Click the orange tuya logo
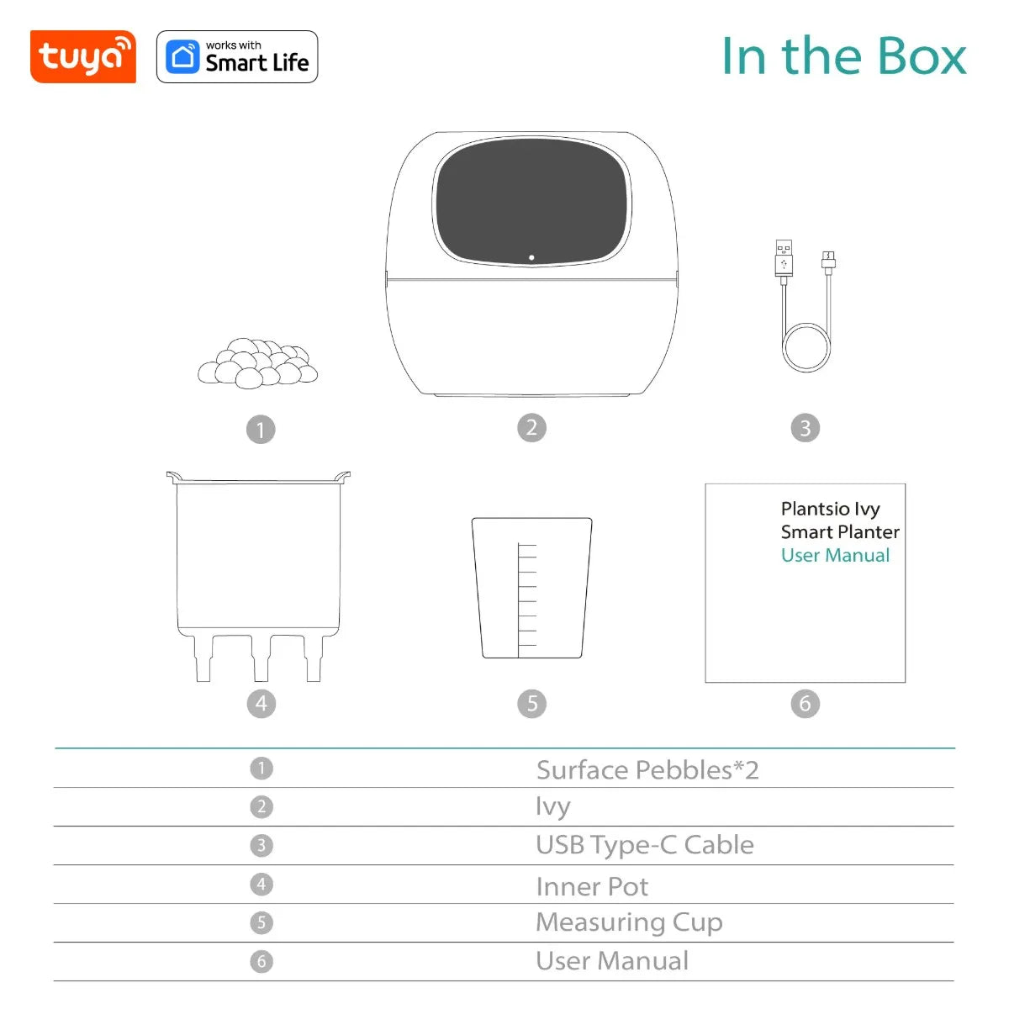click(82, 57)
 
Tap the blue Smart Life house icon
click(182, 57)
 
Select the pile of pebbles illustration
click(257, 363)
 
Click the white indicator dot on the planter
click(531, 257)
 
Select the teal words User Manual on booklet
click(835, 556)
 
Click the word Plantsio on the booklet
click(815, 509)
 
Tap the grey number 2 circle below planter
click(531, 428)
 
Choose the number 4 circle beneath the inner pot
click(261, 704)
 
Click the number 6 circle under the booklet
click(805, 704)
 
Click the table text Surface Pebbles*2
click(647, 770)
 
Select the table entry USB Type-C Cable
click(644, 845)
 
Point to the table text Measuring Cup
click(629, 922)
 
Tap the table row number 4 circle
click(261, 885)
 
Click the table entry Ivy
click(552, 807)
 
